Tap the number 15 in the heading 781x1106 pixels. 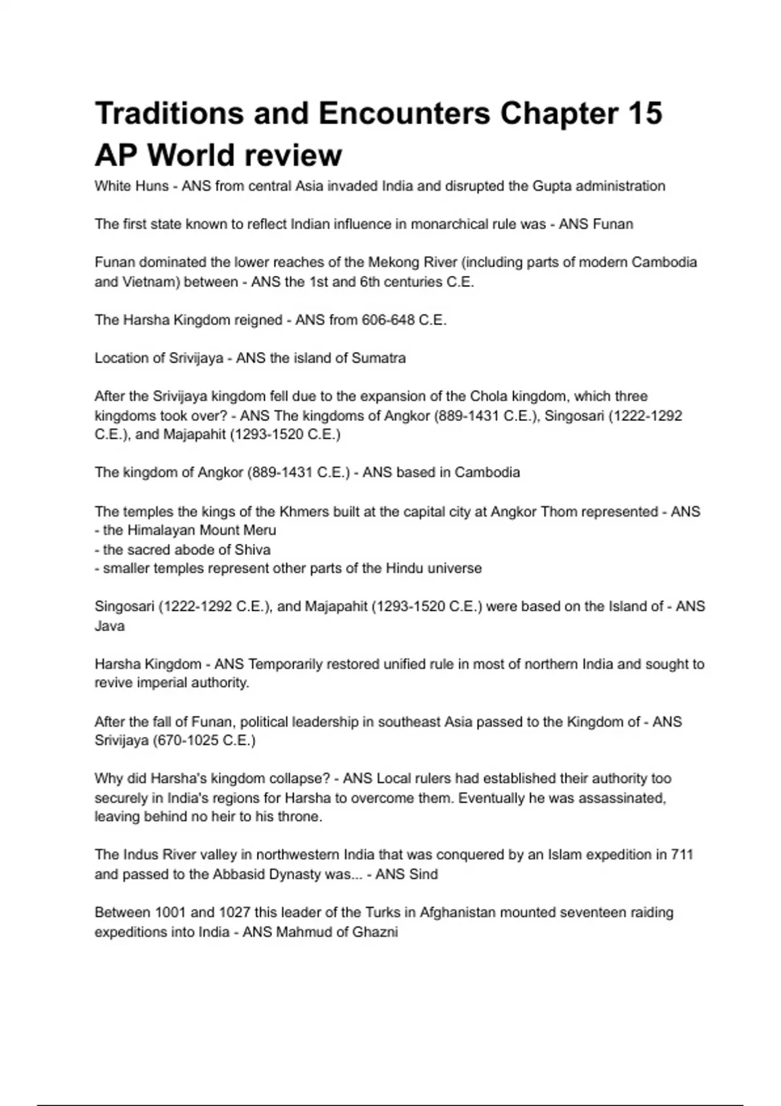[645, 113]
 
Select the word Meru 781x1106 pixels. [260, 530]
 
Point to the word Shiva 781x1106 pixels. [251, 550]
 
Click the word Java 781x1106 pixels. [109, 626]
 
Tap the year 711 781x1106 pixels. [681, 855]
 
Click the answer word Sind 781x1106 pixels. [424, 874]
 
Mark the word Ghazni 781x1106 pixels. [375, 932]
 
